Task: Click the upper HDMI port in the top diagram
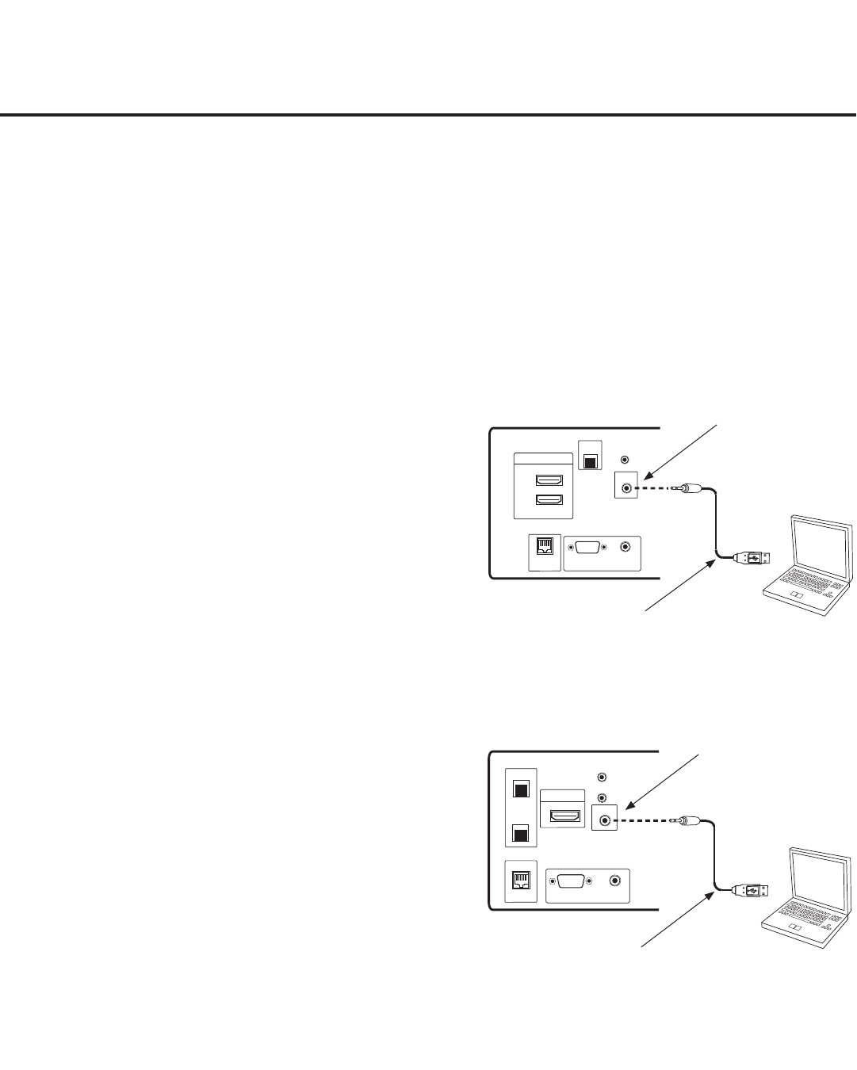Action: click(x=549, y=480)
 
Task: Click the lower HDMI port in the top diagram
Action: click(x=549, y=500)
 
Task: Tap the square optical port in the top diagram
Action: click(x=590, y=460)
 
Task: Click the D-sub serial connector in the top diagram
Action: click(x=587, y=546)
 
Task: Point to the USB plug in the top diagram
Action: click(x=749, y=558)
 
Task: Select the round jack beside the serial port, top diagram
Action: click(x=627, y=546)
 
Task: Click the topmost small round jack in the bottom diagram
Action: click(x=603, y=778)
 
